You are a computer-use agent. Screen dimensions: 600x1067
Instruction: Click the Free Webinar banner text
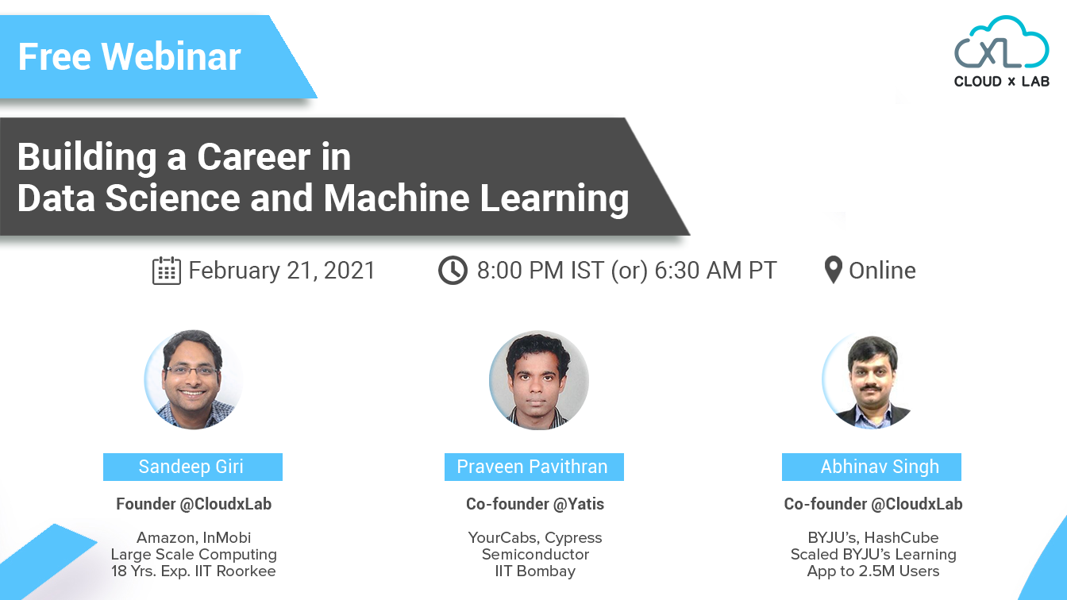tap(129, 57)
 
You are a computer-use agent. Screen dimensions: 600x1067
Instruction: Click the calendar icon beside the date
tap(166, 271)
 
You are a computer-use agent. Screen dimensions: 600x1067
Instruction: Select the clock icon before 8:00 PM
tap(453, 271)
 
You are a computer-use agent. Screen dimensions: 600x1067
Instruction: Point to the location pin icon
tap(833, 271)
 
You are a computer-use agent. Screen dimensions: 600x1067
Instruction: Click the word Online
tap(882, 271)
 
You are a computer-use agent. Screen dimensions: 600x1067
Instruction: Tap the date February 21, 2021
tap(282, 271)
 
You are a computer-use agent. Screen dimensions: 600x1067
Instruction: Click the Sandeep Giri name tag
tap(192, 467)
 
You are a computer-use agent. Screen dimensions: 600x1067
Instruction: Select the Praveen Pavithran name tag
tap(533, 467)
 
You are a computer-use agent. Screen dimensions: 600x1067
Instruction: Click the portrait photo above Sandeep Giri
tap(194, 379)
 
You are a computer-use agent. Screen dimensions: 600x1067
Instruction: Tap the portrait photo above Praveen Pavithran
tap(539, 381)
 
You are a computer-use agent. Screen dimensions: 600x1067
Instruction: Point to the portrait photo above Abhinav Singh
tap(869, 381)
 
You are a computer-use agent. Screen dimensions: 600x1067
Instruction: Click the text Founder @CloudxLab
tap(194, 504)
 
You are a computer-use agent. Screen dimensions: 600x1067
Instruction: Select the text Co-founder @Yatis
tap(534, 504)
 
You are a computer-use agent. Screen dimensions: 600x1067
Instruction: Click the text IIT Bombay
tap(534, 571)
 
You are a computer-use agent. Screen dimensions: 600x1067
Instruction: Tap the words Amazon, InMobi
tap(194, 537)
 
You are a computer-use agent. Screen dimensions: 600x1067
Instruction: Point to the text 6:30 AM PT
tap(715, 271)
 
